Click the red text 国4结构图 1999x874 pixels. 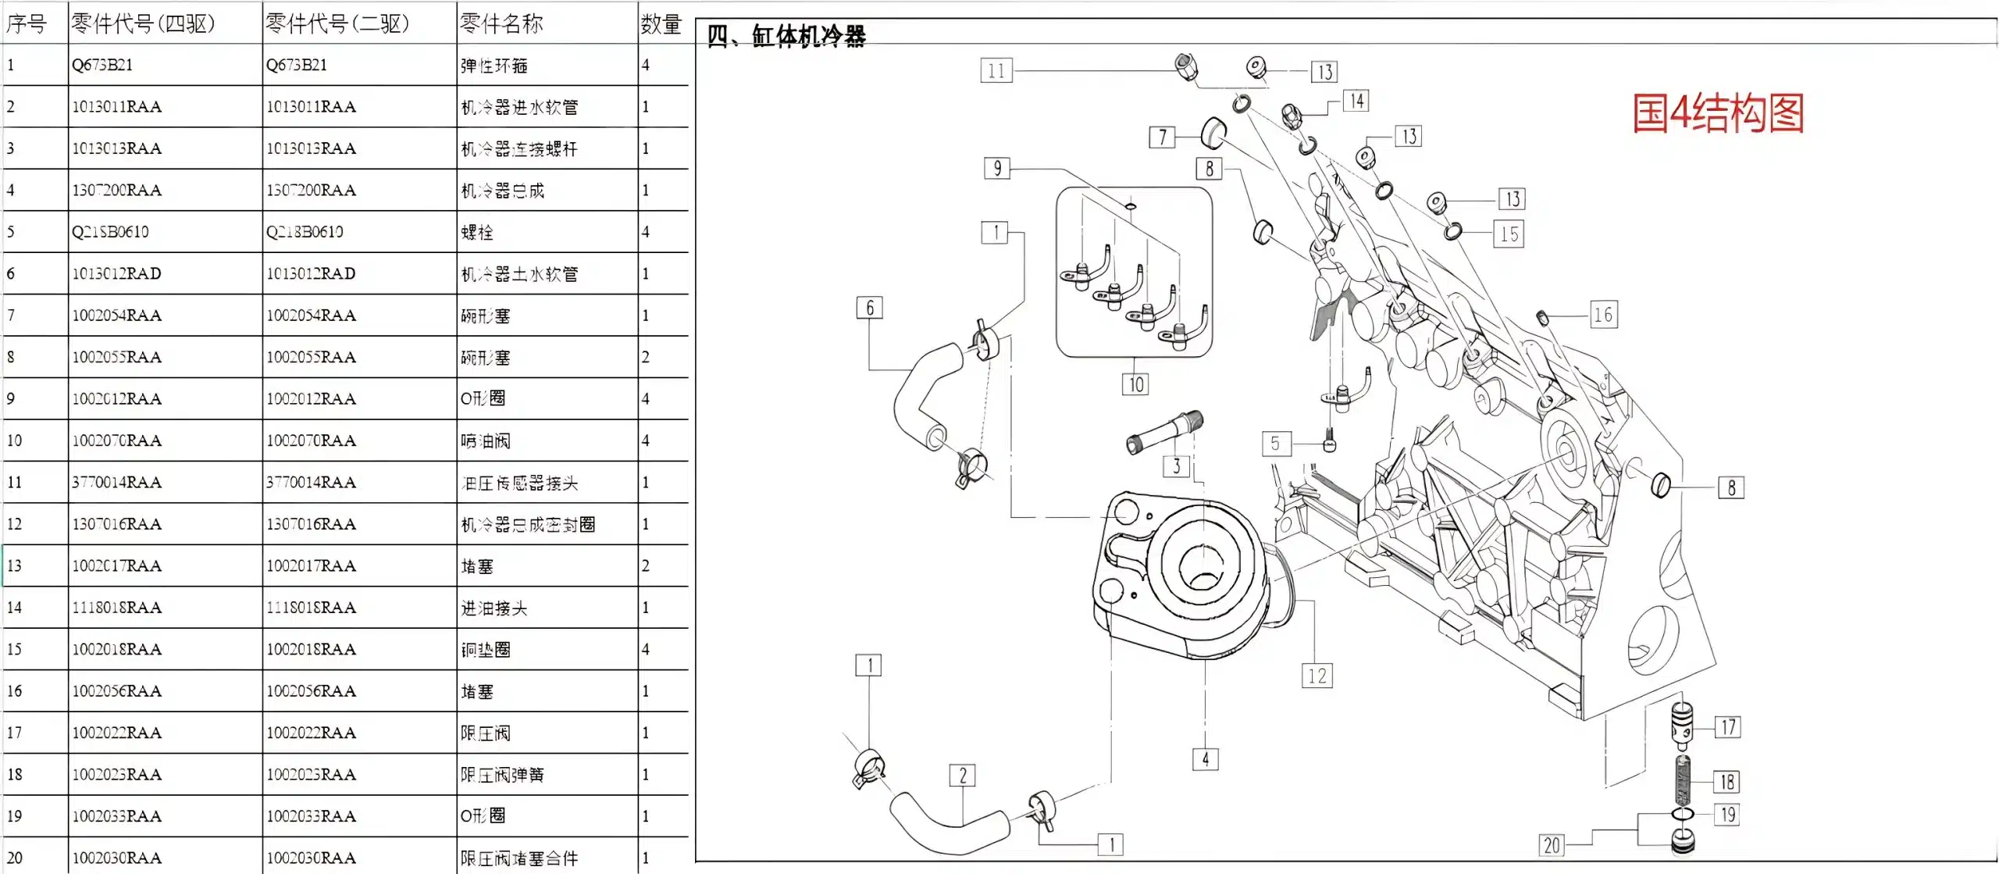(1718, 113)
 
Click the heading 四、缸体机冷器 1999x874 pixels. (786, 36)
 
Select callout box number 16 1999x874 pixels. (1603, 315)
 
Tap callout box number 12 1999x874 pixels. (1317, 676)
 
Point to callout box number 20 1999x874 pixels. (1552, 845)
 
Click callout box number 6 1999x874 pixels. (870, 308)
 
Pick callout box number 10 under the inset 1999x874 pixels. (1135, 384)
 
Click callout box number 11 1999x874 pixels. (996, 71)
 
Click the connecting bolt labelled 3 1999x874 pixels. (1164, 433)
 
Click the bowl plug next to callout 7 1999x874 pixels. (1213, 133)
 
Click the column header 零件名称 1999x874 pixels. (501, 23)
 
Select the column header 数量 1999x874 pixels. (661, 24)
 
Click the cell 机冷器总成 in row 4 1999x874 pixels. (503, 191)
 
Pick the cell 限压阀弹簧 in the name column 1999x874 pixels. (503, 775)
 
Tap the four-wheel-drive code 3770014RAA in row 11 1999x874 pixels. (117, 483)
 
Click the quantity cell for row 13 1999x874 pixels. (647, 565)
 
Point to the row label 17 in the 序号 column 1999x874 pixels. (15, 733)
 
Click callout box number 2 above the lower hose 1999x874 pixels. (962, 776)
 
